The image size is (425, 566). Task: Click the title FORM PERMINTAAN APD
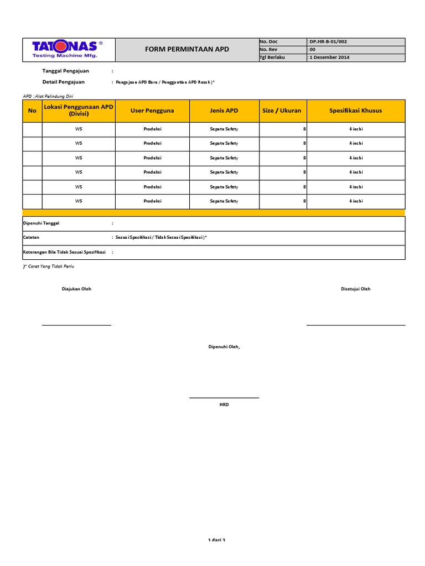186,49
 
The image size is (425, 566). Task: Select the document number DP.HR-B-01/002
328,41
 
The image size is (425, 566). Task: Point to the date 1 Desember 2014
330,57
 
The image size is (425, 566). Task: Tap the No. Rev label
268,49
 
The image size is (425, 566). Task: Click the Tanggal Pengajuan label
66,71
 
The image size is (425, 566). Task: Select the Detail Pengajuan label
64,82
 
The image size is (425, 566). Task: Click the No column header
32,111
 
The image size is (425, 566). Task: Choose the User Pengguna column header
152,111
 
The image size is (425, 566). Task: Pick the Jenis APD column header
224,111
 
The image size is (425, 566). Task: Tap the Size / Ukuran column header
282,111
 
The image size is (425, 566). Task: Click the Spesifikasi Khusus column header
355,111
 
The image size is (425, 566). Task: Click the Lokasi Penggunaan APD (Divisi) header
79,111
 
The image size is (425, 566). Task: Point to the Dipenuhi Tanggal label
41,223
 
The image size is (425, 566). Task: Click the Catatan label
31,237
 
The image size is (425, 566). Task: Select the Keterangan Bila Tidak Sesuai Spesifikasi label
64,252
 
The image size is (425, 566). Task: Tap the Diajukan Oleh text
76,289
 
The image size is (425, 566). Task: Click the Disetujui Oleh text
355,289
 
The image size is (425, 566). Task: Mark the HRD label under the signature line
224,405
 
